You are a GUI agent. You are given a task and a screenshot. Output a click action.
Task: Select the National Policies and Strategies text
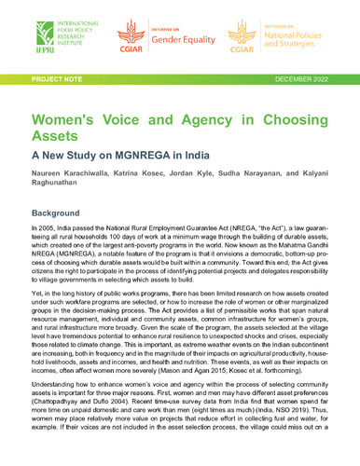[x=295, y=48]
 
